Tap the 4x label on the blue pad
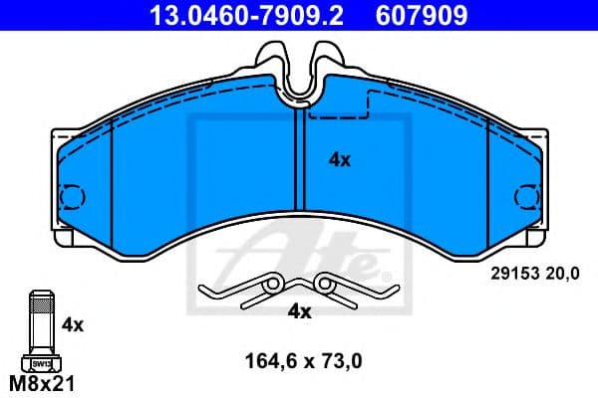[340, 158]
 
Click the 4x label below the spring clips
[299, 311]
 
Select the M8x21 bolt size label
[41, 382]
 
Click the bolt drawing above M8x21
[40, 323]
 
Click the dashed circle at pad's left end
[71, 197]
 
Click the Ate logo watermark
[299, 249]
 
